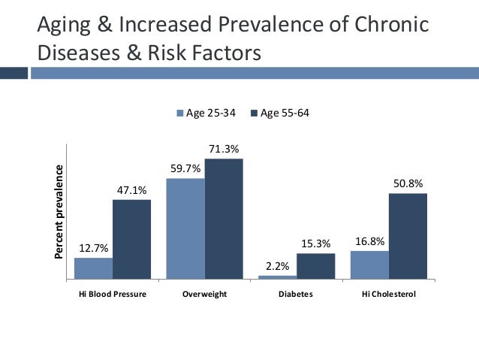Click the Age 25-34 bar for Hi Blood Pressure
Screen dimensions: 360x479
tap(93, 268)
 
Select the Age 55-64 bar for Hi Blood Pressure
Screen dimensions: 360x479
tap(131, 239)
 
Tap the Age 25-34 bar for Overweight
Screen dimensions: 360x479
tap(185, 228)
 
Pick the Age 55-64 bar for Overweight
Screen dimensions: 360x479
tap(224, 219)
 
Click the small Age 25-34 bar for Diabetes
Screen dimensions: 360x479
tap(277, 277)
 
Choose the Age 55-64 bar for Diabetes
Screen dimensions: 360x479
tap(315, 266)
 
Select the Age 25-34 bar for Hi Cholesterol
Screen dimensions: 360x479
tap(369, 265)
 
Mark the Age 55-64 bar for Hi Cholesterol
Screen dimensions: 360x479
tap(408, 236)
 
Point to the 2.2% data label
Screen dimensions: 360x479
tap(278, 267)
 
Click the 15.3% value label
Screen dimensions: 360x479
tap(316, 244)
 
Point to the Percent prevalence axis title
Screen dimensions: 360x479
tap(59, 212)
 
